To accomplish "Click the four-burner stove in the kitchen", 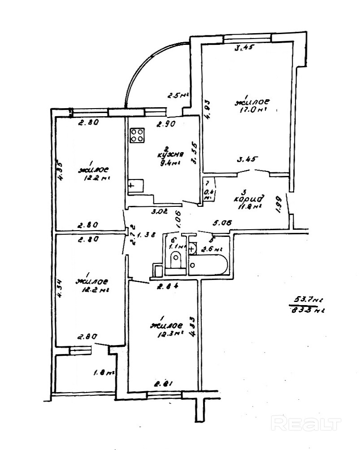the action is [138, 135].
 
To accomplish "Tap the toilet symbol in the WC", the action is [176, 260].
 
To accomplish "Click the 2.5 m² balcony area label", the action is [178, 95].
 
